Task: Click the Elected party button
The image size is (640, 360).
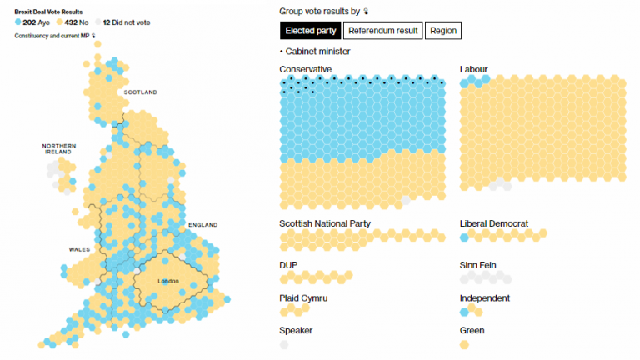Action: [310, 31]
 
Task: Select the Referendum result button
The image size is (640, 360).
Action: [382, 31]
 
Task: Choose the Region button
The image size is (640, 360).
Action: [442, 31]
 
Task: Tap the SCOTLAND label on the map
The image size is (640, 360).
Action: [140, 92]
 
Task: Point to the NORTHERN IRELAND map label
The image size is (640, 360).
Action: [58, 148]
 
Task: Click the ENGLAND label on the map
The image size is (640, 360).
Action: [202, 225]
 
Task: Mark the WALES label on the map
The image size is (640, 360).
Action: [80, 249]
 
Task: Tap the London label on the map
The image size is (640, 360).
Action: [168, 281]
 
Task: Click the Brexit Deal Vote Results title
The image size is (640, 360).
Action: [48, 12]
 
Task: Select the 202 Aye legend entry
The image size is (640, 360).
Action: [33, 22]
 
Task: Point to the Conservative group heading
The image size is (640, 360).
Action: [305, 69]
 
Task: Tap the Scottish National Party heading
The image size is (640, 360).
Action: [325, 223]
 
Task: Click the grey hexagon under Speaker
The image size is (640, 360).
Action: [285, 342]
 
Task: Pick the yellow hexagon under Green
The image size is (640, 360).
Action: [464, 342]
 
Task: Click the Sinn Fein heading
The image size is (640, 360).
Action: [479, 265]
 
